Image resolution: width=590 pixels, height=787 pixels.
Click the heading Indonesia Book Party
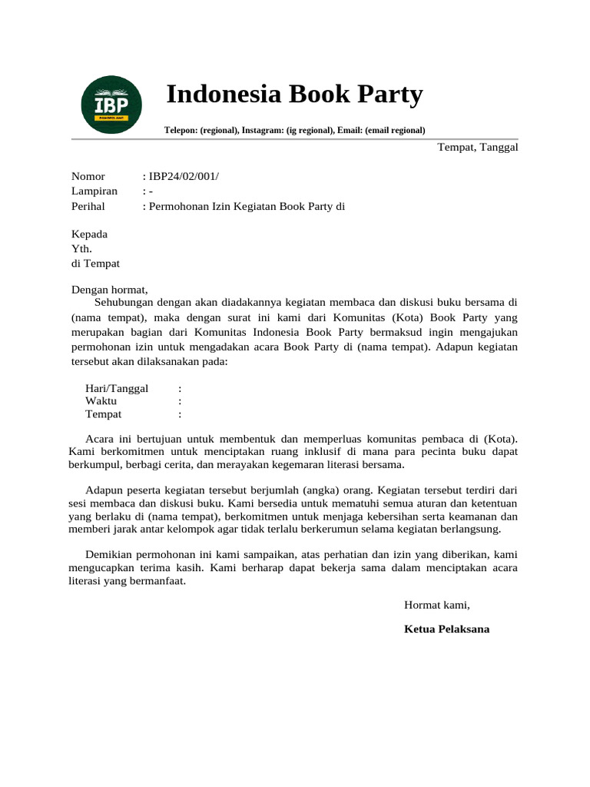tap(294, 95)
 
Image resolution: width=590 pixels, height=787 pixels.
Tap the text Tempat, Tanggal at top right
tap(478, 147)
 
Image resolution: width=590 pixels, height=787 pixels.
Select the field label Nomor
tap(88, 176)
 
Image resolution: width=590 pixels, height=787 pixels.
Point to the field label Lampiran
tap(94, 191)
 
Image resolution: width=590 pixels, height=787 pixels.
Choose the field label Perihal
tap(88, 206)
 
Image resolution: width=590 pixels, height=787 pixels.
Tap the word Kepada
tap(90, 234)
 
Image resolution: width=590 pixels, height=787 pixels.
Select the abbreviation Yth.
tap(81, 249)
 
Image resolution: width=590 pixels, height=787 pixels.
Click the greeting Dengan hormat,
tap(108, 290)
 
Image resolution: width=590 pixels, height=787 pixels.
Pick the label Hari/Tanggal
tap(117, 389)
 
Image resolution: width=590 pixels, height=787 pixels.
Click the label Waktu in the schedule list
tap(101, 401)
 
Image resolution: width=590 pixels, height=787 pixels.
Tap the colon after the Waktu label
tap(180, 401)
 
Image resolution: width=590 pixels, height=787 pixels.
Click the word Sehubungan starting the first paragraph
tap(126, 303)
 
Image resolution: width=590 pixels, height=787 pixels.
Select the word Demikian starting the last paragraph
tap(108, 553)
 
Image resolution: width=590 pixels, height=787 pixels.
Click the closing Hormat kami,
tap(436, 605)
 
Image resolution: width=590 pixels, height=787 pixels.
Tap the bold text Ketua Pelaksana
tap(446, 629)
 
